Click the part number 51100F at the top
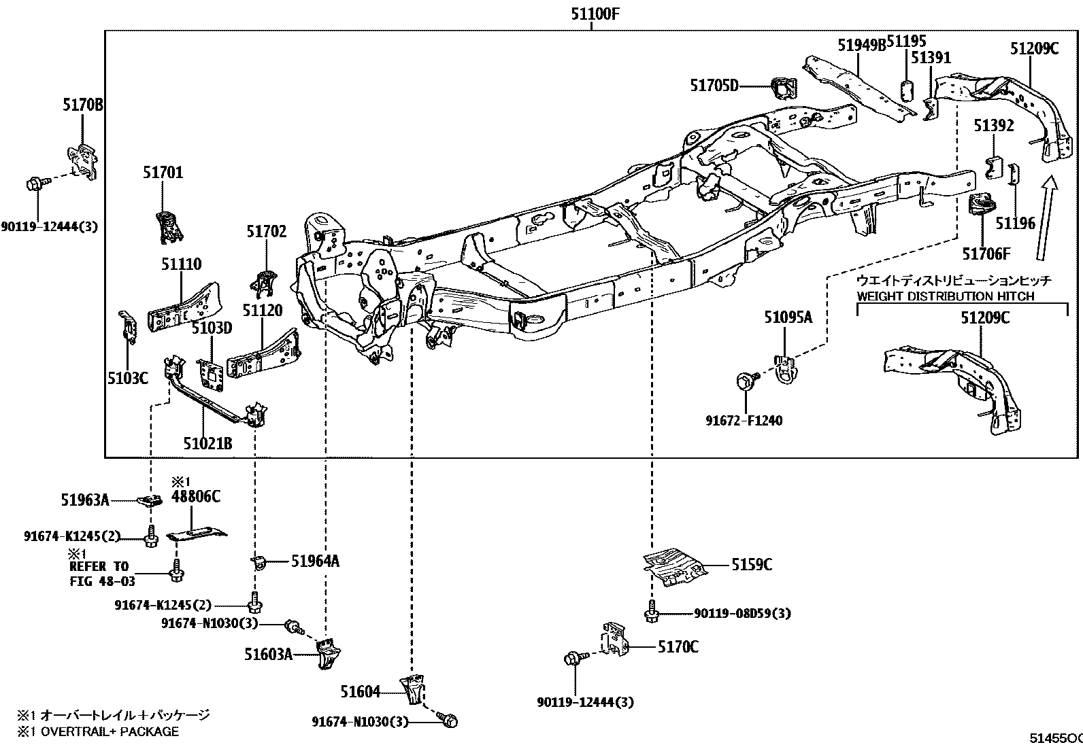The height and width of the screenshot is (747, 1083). (x=595, y=14)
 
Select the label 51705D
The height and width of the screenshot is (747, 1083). (x=714, y=86)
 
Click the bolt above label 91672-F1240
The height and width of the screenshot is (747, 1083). (x=744, y=380)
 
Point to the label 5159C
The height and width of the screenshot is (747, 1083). (x=752, y=564)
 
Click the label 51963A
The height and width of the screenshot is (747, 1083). (x=85, y=500)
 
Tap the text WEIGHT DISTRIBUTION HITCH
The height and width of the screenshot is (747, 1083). (x=946, y=296)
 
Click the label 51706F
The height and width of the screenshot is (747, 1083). (x=986, y=254)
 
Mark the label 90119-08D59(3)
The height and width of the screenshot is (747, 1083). (x=743, y=613)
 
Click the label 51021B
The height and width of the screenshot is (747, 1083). (x=208, y=443)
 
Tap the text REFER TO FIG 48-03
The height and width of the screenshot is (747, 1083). (x=102, y=574)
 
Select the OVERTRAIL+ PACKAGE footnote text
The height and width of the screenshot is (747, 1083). (x=98, y=731)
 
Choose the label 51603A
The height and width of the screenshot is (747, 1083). (x=268, y=655)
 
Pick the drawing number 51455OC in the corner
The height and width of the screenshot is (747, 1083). (x=1056, y=738)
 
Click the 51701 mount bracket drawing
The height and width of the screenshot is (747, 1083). (x=169, y=227)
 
